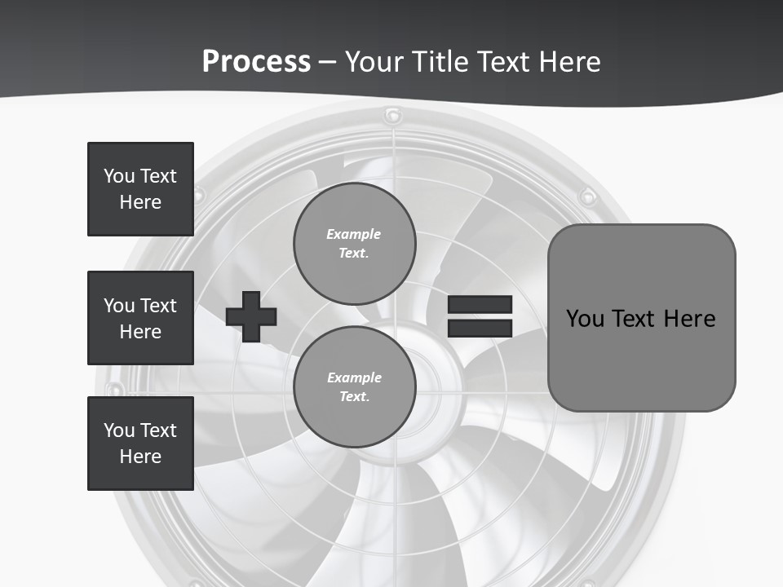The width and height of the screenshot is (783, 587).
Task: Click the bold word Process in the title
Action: click(x=256, y=62)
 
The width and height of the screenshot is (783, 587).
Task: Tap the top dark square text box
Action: click(x=140, y=189)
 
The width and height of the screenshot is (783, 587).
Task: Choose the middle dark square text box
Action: click(x=140, y=318)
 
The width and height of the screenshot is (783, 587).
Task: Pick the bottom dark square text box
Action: click(x=140, y=444)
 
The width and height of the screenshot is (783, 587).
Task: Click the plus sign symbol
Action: click(x=251, y=316)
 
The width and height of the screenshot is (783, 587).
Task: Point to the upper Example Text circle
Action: click(x=354, y=243)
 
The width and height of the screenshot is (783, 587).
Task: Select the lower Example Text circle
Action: click(x=354, y=386)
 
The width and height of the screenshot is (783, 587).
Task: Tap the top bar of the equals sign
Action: click(x=480, y=304)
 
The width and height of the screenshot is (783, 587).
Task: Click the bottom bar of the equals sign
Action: click(x=480, y=328)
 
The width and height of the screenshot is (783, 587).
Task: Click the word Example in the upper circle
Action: click(x=354, y=234)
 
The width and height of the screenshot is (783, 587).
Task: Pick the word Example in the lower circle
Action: click(x=354, y=377)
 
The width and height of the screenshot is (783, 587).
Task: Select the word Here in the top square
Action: click(x=140, y=202)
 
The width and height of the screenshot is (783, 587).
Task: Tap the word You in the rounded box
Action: click(x=585, y=319)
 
